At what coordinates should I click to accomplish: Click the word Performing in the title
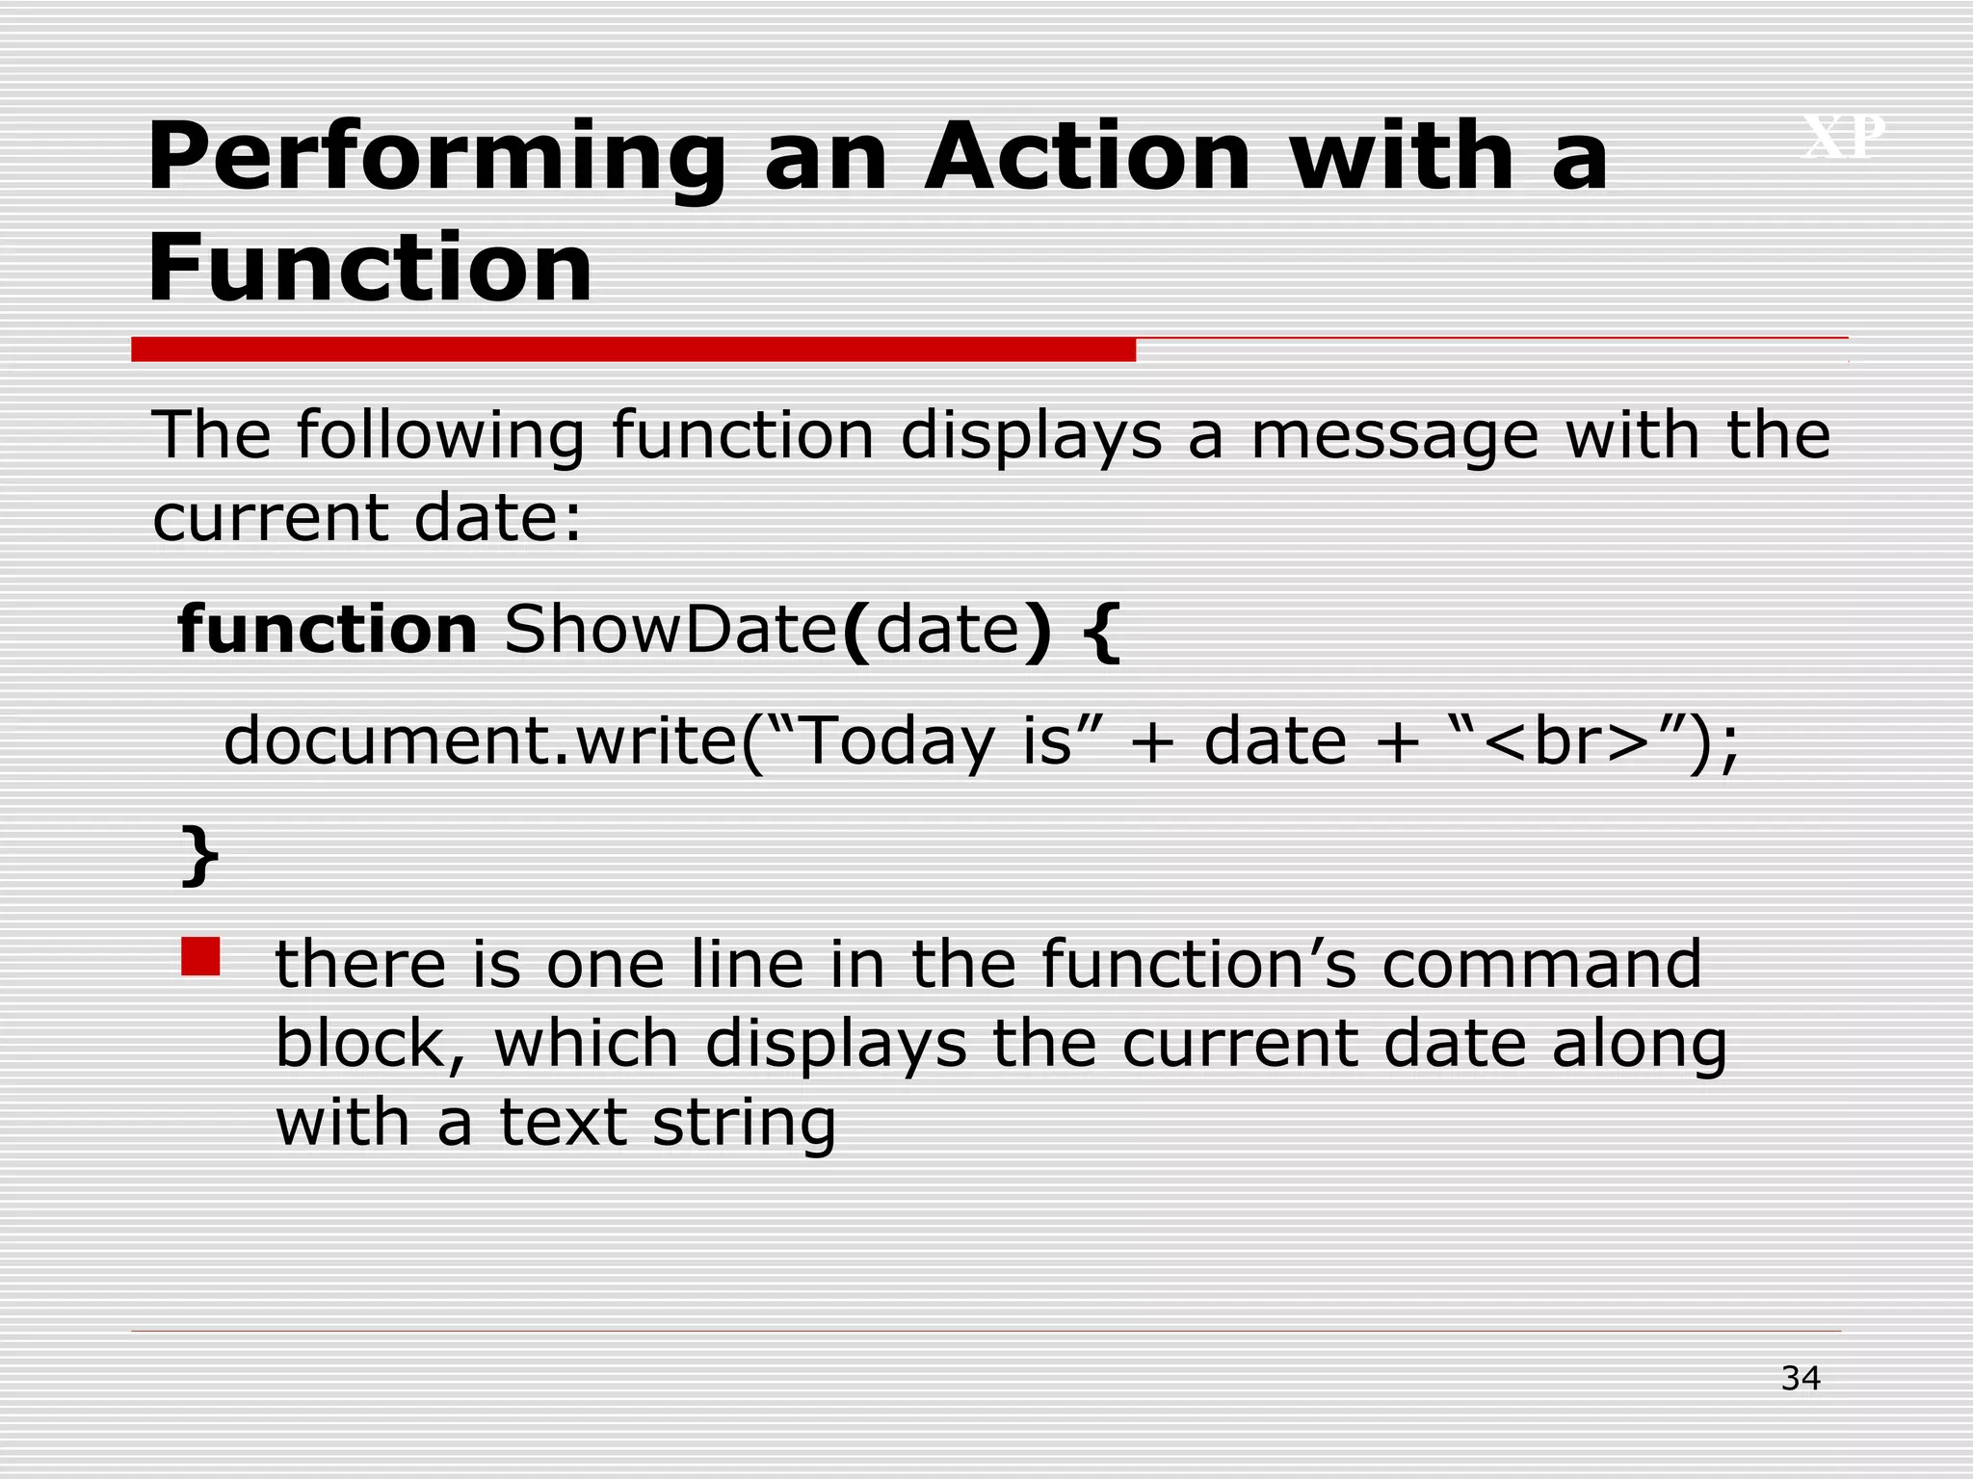[x=435, y=159]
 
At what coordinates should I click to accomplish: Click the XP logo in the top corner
[x=1843, y=137]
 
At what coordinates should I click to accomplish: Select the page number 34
[x=1800, y=1379]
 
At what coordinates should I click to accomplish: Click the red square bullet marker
[x=200, y=956]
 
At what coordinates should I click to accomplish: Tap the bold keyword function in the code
[x=328, y=629]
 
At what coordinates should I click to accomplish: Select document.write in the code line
[x=479, y=741]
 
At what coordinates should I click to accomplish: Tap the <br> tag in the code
[x=1566, y=741]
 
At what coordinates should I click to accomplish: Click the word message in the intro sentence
[x=1394, y=435]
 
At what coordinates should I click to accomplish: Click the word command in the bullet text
[x=1541, y=964]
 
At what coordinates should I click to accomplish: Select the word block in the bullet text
[x=358, y=1044]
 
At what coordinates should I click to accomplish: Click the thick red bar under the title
[x=633, y=350]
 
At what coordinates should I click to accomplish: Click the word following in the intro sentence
[x=439, y=436]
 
